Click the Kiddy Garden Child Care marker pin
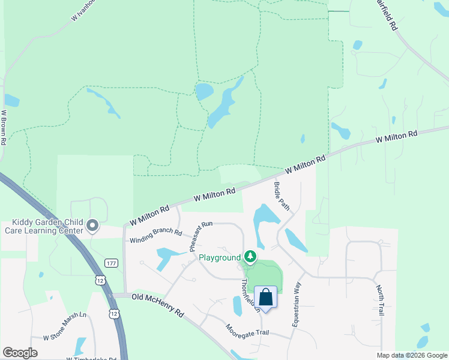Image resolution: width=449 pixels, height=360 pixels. pyautogui.click(x=92, y=226)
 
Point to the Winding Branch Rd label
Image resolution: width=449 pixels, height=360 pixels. pyautogui.click(x=155, y=236)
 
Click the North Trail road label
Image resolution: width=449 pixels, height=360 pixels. pyautogui.click(x=379, y=300)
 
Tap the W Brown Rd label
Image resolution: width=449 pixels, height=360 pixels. pyautogui.click(x=4, y=127)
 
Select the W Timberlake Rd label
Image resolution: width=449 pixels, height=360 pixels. pyautogui.click(x=92, y=358)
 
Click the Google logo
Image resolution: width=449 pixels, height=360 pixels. pyautogui.click(x=20, y=353)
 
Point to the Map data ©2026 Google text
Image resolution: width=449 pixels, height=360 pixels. pyautogui.click(x=411, y=355)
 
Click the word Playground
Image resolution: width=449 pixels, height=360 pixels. pyautogui.click(x=219, y=258)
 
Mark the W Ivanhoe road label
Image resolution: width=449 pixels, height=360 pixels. pyautogui.click(x=83, y=10)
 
